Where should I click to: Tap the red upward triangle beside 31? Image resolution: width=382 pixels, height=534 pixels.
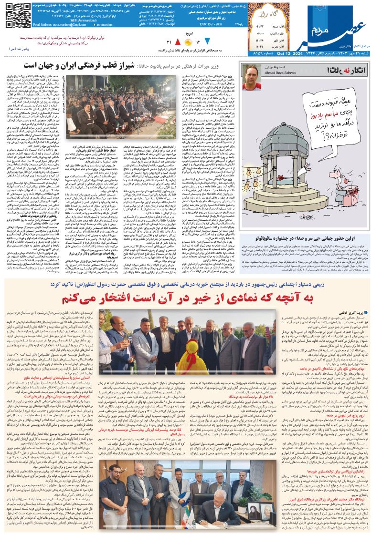179,42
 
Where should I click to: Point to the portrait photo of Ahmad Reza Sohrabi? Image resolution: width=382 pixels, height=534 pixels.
252,77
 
